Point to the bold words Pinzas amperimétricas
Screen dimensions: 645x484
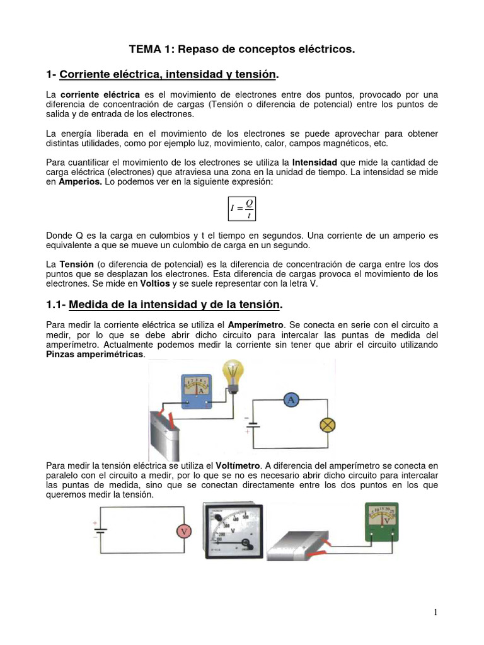[x=95, y=354]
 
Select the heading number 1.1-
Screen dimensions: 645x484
[x=55, y=305]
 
